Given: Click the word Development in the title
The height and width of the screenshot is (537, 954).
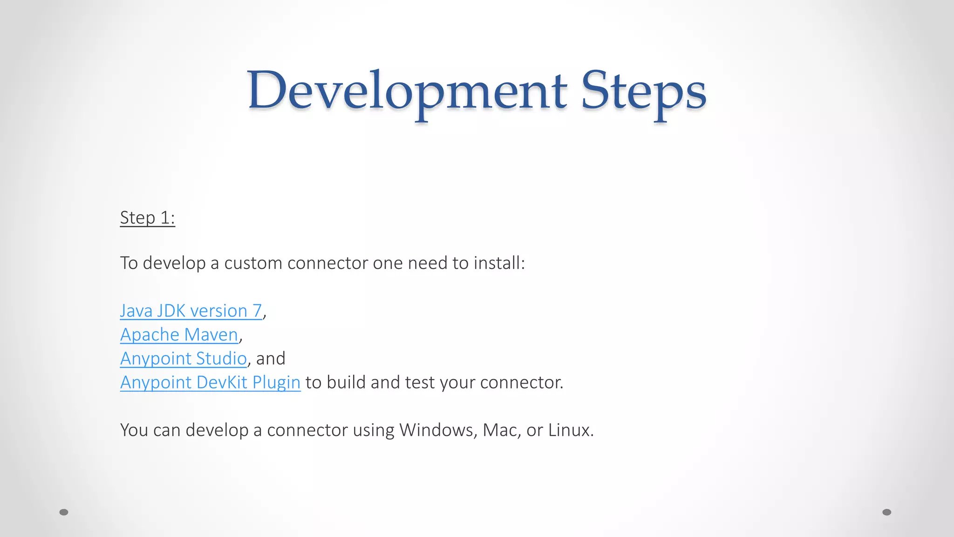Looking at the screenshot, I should (406, 91).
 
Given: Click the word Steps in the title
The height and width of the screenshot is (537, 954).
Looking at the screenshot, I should (644, 91).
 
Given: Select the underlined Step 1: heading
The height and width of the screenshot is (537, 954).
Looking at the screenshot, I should (147, 218).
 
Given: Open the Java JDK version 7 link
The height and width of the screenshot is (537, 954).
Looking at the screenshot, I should (191, 311).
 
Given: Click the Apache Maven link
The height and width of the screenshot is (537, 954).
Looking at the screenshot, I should (179, 335).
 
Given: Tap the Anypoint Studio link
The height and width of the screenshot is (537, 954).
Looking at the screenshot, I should (183, 358).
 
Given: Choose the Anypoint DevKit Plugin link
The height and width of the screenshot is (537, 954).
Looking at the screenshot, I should (210, 382).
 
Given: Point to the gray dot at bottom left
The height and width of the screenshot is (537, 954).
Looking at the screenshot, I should (64, 512).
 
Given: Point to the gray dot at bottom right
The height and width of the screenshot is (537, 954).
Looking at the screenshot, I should (887, 512).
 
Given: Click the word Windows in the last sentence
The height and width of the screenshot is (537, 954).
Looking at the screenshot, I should (438, 430).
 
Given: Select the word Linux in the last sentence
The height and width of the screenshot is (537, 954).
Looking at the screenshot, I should (571, 430).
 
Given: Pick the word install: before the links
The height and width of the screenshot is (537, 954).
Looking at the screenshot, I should (499, 263).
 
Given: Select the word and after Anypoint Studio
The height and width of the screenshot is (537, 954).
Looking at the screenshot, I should (271, 358).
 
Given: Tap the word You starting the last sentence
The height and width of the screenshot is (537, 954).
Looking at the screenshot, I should (134, 430).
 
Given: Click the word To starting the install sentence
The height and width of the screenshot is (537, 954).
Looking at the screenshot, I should (129, 263).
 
